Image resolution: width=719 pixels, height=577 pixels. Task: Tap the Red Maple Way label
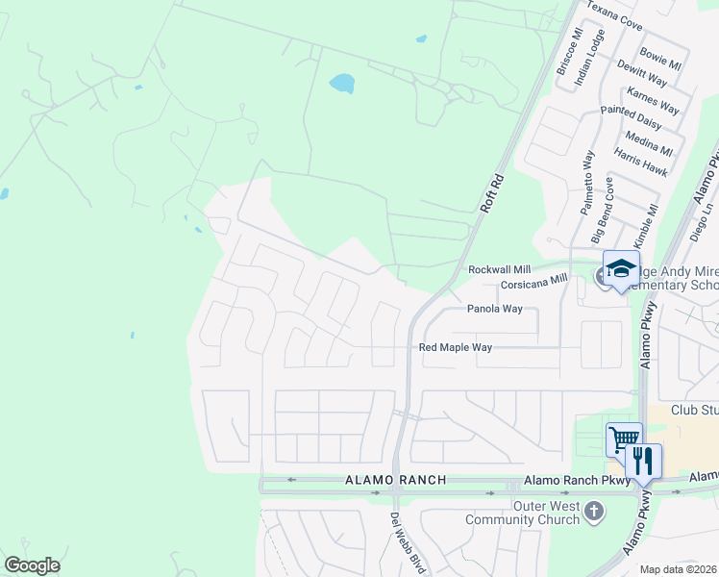[x=456, y=347]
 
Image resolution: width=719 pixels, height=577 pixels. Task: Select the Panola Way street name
[x=494, y=310]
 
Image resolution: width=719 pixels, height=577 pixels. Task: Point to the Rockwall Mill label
[x=499, y=271]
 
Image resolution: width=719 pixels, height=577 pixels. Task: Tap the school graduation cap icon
[x=621, y=267]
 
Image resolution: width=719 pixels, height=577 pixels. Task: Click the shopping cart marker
[x=624, y=439]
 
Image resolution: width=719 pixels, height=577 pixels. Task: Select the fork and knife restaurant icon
[x=643, y=460]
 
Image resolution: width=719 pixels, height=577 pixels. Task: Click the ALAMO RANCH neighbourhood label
[x=396, y=480]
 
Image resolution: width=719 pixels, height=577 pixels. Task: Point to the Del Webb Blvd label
[x=408, y=544]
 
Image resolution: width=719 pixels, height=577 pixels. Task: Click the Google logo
[x=32, y=565]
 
